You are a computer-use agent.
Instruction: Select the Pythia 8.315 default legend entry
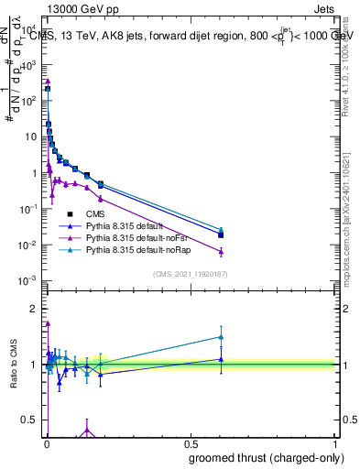pyautogui.click(x=121, y=225)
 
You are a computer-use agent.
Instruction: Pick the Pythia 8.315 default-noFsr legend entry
pyautogui.click(x=127, y=237)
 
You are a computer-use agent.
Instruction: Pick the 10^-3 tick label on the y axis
pyautogui.click(x=29, y=280)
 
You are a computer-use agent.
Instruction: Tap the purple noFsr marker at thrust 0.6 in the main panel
pyautogui.click(x=220, y=251)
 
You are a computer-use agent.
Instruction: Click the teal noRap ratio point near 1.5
pyautogui.click(x=220, y=336)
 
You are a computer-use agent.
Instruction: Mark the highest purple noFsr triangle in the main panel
pyautogui.click(x=47, y=81)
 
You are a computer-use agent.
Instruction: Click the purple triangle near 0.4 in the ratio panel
pyautogui.click(x=87, y=430)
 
